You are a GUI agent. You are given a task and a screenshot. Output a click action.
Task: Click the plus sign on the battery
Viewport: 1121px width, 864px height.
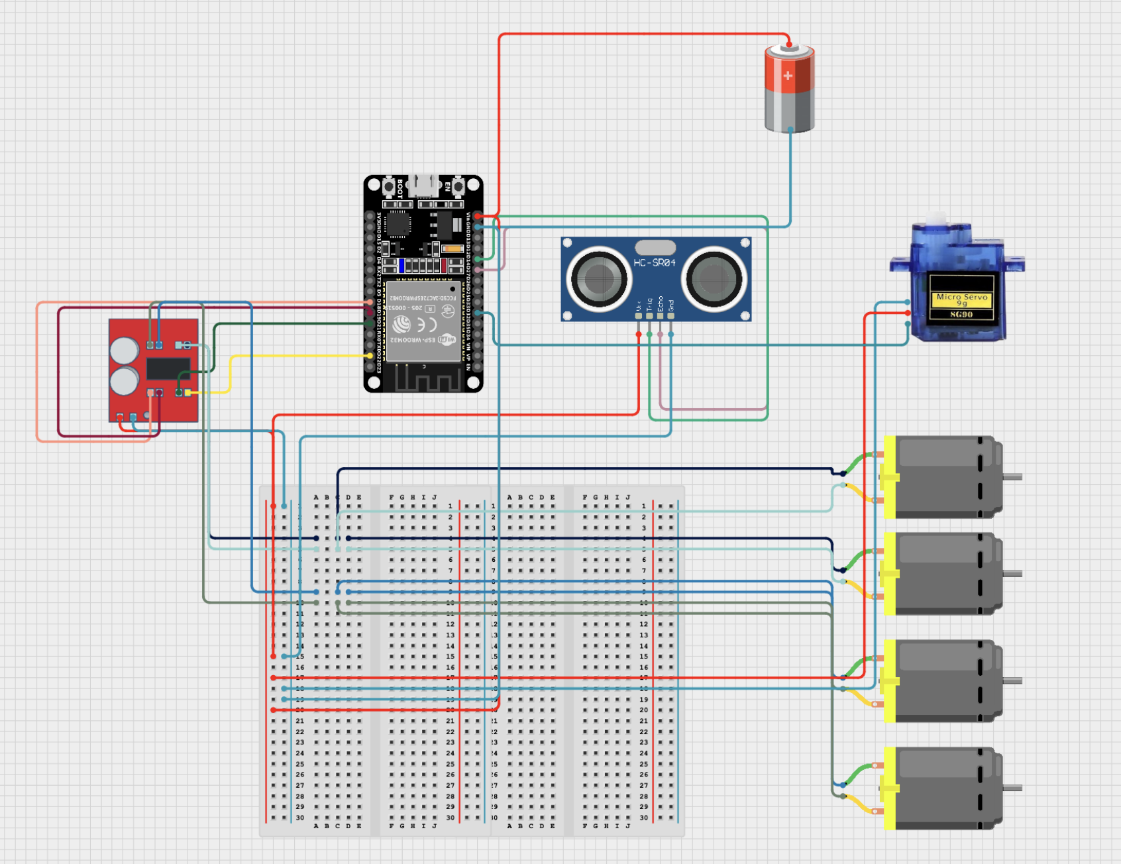(x=788, y=76)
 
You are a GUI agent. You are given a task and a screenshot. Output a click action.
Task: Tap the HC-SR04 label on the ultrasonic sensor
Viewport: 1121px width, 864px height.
(x=654, y=263)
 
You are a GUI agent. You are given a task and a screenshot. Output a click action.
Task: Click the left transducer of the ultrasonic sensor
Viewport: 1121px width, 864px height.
(x=598, y=278)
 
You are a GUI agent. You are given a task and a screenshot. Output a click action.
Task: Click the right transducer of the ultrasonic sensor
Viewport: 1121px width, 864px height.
(x=714, y=278)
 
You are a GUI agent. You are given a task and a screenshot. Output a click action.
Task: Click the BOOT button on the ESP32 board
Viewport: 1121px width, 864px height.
(x=389, y=186)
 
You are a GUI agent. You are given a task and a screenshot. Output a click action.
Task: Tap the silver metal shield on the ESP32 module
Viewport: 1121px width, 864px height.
(x=423, y=321)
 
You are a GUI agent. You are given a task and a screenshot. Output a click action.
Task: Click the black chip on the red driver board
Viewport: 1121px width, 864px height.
(x=168, y=368)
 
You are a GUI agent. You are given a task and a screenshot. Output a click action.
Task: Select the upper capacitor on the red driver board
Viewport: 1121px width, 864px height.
(x=124, y=351)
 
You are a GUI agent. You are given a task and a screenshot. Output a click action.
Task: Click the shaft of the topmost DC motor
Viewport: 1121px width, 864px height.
(x=1012, y=476)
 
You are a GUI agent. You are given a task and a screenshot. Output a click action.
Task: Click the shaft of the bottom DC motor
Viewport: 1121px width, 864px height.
(x=1012, y=788)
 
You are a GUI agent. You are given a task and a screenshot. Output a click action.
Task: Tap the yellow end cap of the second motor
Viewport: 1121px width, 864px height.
(x=889, y=574)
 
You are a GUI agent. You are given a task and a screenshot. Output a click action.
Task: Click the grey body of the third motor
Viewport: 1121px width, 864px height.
(x=941, y=680)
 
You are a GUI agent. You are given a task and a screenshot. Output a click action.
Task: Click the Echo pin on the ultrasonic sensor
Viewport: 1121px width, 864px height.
(x=660, y=316)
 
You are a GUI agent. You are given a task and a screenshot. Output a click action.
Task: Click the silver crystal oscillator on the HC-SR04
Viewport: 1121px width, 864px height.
(x=655, y=247)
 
